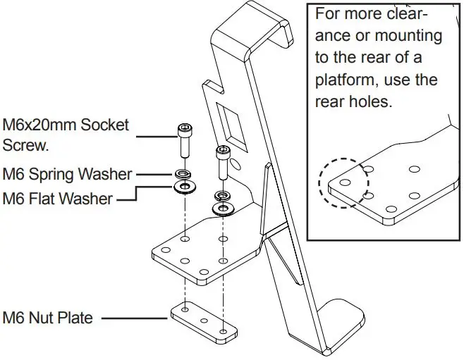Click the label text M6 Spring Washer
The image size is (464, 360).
click(x=67, y=173)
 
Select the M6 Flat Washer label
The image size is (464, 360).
click(x=57, y=199)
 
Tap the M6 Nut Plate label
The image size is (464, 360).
click(x=48, y=318)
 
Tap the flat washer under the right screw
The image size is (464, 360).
click(x=223, y=209)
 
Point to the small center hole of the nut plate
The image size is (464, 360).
click(x=205, y=321)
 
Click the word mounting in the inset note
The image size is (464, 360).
click(x=408, y=35)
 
